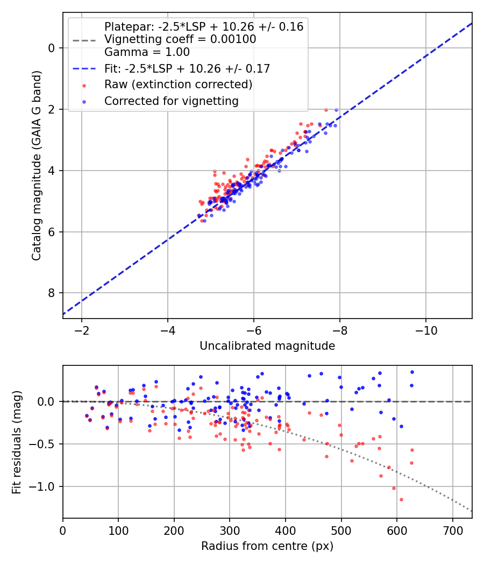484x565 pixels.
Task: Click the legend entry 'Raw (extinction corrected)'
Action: click(178, 84)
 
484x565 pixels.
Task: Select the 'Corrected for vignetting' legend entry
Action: click(172, 101)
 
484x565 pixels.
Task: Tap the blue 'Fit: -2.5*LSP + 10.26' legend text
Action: click(187, 68)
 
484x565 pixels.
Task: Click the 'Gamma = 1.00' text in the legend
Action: click(147, 52)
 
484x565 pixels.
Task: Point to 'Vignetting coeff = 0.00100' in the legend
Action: click(180, 39)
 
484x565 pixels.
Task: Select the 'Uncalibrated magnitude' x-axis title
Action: click(267, 346)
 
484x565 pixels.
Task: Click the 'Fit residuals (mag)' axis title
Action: click(17, 442)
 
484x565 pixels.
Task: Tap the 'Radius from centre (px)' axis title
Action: click(267, 546)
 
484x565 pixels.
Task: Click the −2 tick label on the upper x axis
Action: click(82, 329)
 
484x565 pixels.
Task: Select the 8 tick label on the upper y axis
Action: click(52, 293)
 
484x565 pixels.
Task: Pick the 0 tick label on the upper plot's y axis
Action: click(52, 48)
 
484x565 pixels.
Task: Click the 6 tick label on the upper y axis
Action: click(52, 232)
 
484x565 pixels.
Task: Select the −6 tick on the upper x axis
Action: click(254, 329)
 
